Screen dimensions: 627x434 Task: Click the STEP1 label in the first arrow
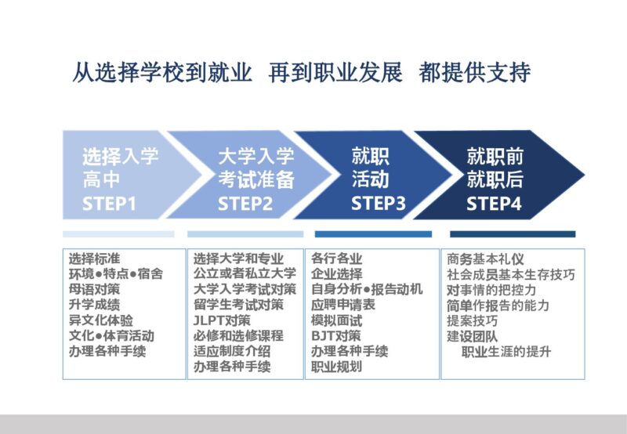109,204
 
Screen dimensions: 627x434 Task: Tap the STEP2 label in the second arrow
245,204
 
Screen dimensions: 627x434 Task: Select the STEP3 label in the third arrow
379,203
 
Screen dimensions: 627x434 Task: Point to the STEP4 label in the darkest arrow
494,203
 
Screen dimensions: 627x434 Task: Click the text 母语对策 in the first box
94,289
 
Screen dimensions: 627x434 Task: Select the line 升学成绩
94,305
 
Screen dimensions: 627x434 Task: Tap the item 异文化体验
101,320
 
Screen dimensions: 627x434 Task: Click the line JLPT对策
222,320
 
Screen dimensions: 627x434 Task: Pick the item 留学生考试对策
238,305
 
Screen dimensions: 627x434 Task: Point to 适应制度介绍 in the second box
232,351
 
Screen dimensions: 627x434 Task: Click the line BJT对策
336,336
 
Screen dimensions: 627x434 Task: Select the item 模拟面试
337,320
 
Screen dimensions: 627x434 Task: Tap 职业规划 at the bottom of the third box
337,367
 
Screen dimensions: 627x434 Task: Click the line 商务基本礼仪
485,259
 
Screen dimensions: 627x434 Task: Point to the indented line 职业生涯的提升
506,352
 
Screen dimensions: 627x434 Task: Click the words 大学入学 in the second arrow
256,156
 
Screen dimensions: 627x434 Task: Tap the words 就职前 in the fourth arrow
495,156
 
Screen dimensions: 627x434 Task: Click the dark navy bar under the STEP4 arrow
513,233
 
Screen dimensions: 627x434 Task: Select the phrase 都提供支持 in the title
475,72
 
